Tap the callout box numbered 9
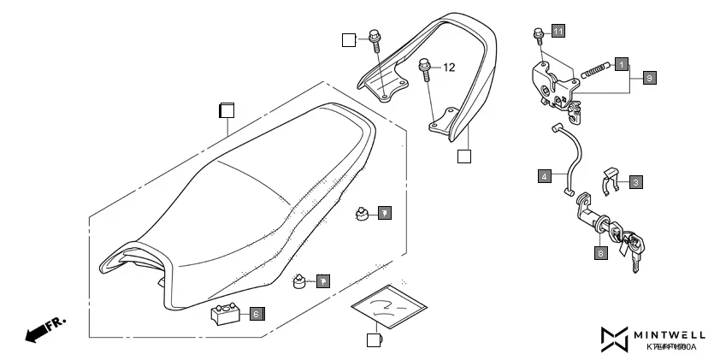click(x=649, y=78)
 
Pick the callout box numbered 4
click(x=544, y=176)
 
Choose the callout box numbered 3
click(x=637, y=181)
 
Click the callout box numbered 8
click(x=601, y=252)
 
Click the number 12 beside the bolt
click(x=450, y=67)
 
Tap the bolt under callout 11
click(x=537, y=35)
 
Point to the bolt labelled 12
click(x=425, y=68)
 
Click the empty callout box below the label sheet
click(x=372, y=340)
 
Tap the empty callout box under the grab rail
click(x=463, y=156)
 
